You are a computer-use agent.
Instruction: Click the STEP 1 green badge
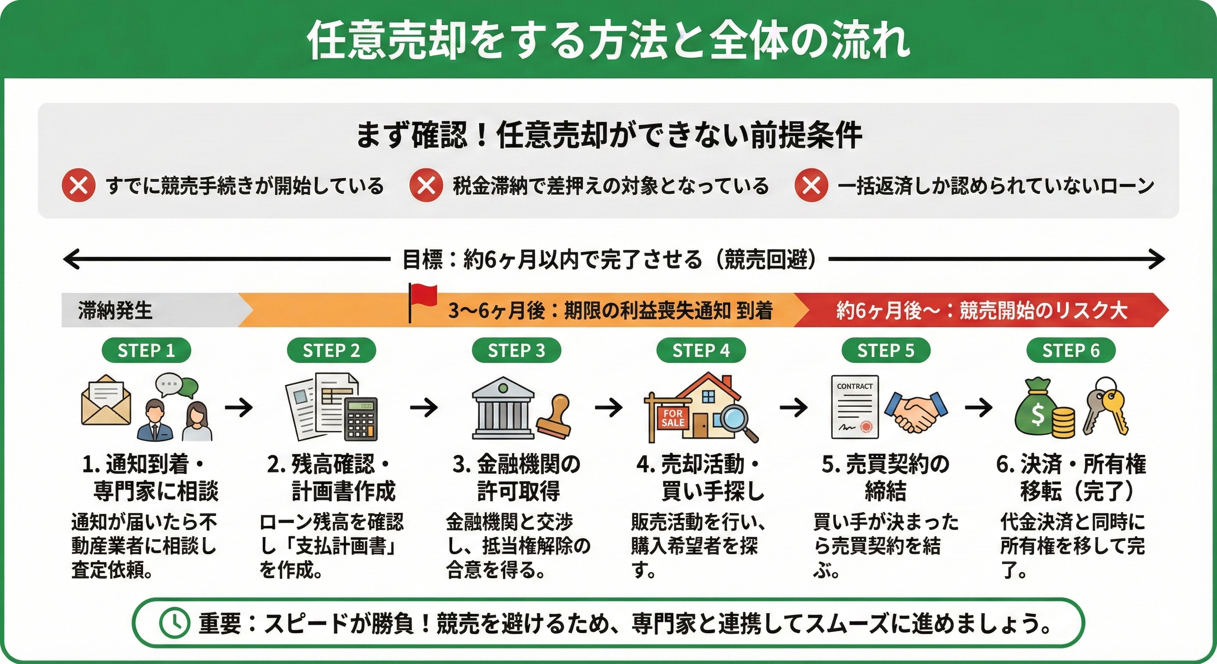147,351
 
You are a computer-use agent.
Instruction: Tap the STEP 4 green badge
701,351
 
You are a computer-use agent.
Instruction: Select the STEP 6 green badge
1071,351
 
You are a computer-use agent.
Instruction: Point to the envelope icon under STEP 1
106,401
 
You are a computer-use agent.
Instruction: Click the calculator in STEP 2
361,418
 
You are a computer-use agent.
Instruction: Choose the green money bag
1038,409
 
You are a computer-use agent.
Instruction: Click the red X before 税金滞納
426,186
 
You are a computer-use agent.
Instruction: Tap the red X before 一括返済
811,186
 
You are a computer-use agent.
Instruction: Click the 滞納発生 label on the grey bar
115,310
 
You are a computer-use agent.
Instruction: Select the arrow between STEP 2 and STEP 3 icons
424,407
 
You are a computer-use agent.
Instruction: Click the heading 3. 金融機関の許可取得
517,477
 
